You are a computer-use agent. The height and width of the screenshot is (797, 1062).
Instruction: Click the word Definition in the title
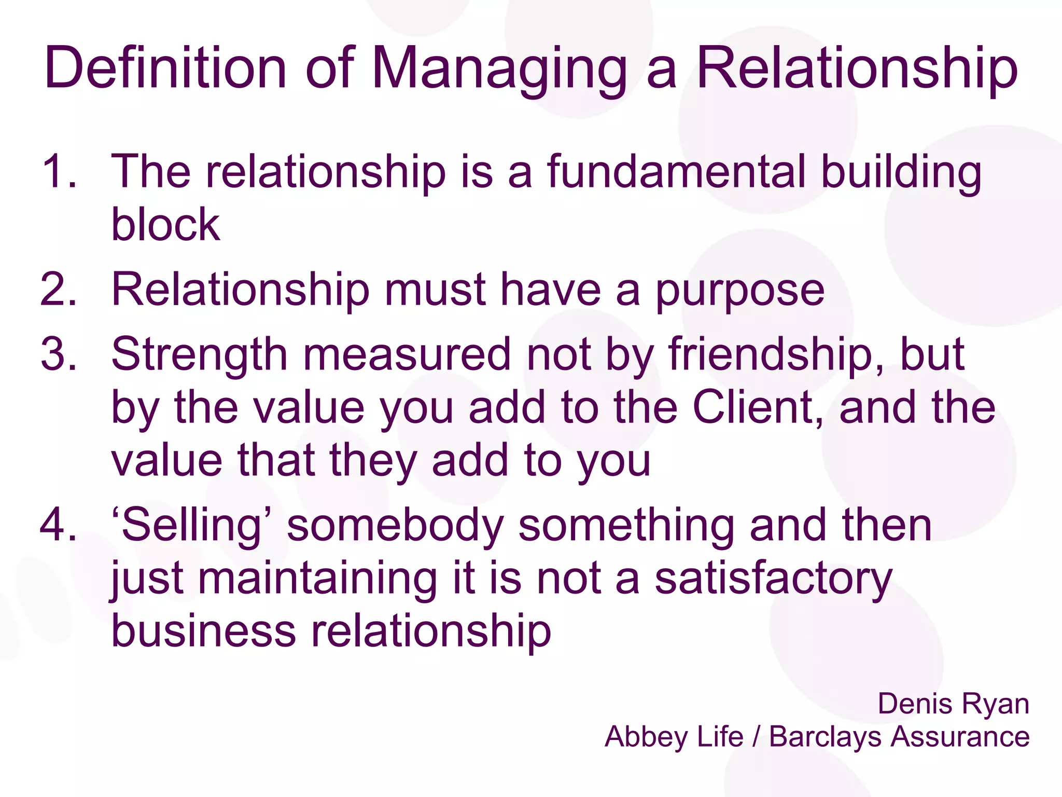(x=165, y=68)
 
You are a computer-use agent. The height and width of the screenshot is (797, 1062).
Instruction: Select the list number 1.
(x=59, y=171)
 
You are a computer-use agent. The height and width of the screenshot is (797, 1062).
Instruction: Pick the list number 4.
(x=59, y=525)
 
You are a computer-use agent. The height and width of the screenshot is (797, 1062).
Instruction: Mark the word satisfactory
(x=773, y=580)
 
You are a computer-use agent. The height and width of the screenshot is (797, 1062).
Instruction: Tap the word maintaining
(x=317, y=580)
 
